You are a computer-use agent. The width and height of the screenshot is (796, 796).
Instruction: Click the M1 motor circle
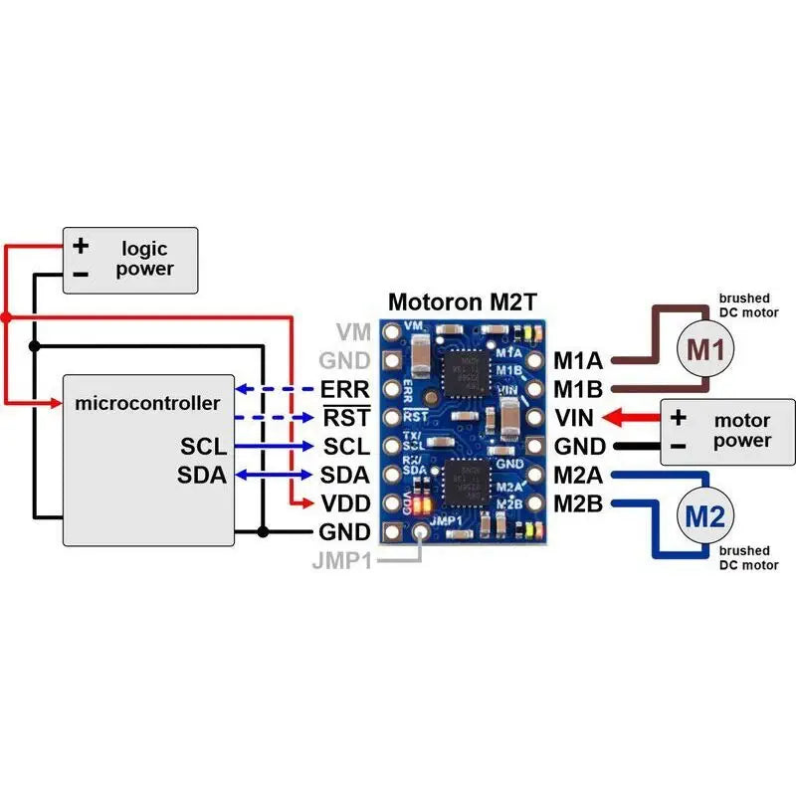coord(706,349)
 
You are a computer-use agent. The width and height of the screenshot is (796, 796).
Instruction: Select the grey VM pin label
coord(352,331)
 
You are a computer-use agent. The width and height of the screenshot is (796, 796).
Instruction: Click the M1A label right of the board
coord(578,359)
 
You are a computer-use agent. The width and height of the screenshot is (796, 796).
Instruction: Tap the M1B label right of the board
coord(578,388)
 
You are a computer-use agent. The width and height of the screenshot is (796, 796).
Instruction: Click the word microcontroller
coord(146,403)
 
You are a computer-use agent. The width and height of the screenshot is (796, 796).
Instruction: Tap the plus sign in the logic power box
coord(82,245)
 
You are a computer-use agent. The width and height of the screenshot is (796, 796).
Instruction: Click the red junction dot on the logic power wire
coord(6,317)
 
